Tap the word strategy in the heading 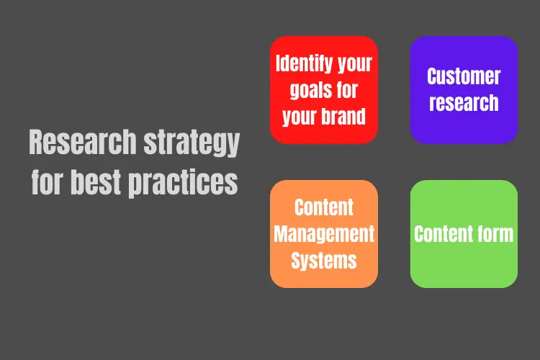(192, 143)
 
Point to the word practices (183, 184)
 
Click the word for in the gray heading (48, 181)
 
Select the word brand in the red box (343, 116)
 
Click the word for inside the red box (347, 89)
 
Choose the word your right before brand (299, 117)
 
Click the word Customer (464, 76)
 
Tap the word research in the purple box (464, 103)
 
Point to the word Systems (324, 261)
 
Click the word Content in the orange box (324, 207)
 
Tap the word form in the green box (491, 234)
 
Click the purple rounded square (464, 90)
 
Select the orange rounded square (324, 234)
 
